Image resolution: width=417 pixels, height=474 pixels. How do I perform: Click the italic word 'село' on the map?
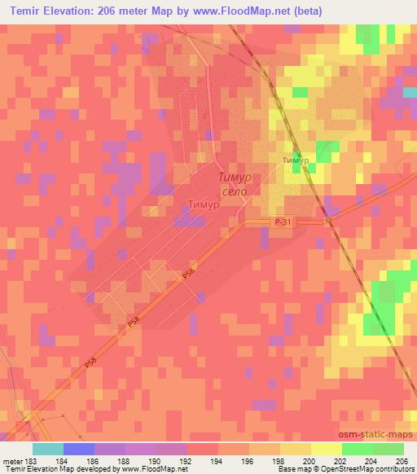tap(232, 191)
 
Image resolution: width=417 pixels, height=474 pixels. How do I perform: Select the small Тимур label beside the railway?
tap(295, 160)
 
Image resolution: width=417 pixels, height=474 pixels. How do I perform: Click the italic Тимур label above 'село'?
tap(235, 177)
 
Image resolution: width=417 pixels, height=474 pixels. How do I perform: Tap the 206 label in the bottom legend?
tap(402, 461)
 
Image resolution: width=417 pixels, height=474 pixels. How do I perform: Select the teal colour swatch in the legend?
tap(48, 449)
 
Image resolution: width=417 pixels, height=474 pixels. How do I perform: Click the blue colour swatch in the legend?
tap(79, 449)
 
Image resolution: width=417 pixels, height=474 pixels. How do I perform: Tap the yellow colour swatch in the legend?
tap(327, 449)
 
